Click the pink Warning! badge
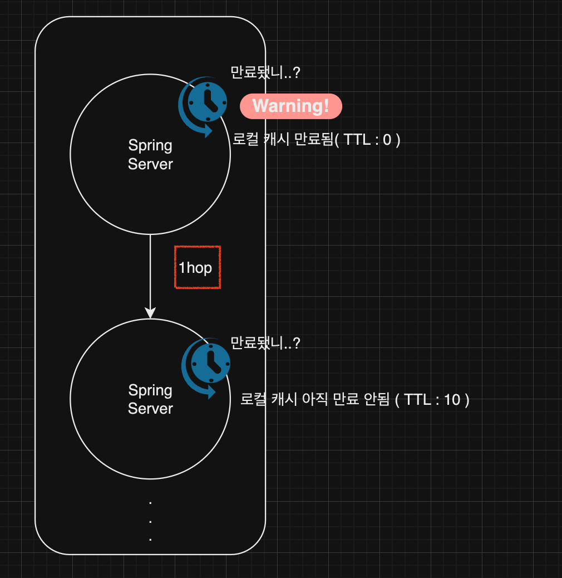[x=290, y=106]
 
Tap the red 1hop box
[x=197, y=268]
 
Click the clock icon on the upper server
[x=206, y=102]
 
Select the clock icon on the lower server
[x=210, y=363]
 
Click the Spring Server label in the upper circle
[x=150, y=155]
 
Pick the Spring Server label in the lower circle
[x=150, y=399]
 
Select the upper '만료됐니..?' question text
[x=265, y=72]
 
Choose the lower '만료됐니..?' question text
[x=265, y=343]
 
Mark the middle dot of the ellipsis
[x=150, y=521]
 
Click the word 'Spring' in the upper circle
[x=150, y=146]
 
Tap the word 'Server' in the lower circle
[x=150, y=409]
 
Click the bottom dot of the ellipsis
[x=150, y=539]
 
